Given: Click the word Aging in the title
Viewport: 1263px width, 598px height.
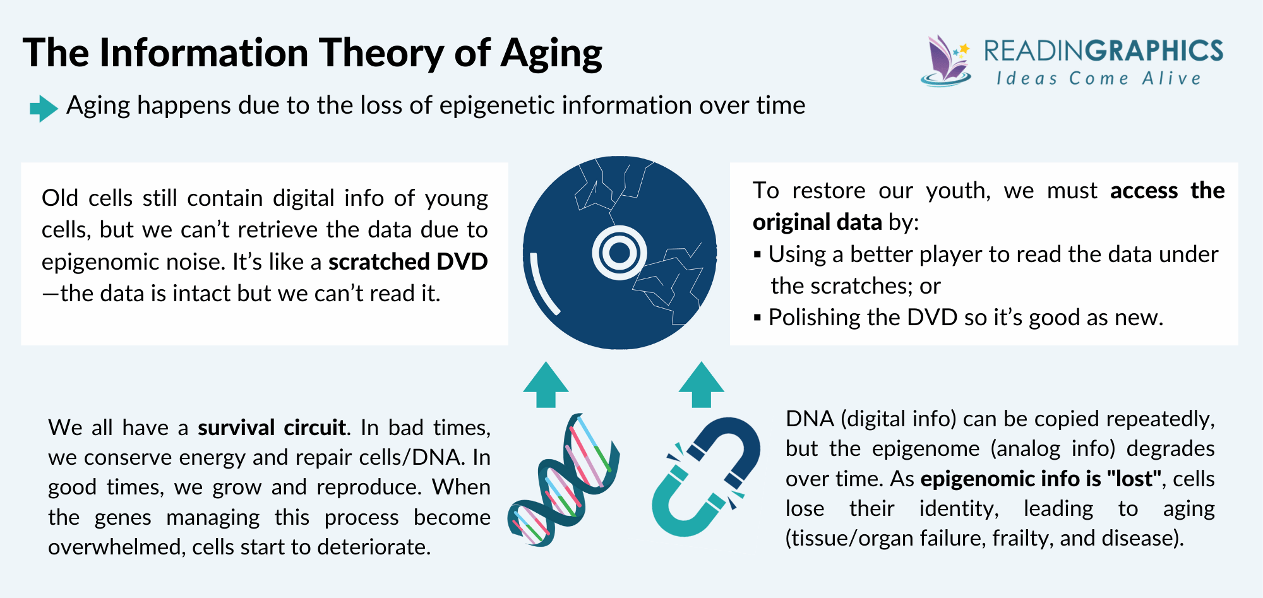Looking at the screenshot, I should (x=551, y=53).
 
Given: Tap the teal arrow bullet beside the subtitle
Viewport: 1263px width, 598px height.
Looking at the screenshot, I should (x=44, y=108).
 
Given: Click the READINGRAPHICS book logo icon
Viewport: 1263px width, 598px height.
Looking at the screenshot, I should (x=945, y=61).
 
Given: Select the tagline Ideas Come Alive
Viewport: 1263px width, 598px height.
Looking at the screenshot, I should (x=1098, y=79).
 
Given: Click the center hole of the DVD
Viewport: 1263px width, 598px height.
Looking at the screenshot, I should (x=620, y=253).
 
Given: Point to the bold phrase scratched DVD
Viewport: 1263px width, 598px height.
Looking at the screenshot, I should (x=408, y=261).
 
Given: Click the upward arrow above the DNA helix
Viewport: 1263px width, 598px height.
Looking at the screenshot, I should (x=546, y=385).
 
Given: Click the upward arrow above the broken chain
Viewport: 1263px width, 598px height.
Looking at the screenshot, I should (x=701, y=385).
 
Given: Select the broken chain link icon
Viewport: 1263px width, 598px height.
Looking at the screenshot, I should (x=706, y=477).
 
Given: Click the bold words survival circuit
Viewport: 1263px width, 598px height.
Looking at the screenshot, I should (x=272, y=428).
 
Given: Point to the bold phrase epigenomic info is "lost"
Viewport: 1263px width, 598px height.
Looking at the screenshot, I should (x=1041, y=479).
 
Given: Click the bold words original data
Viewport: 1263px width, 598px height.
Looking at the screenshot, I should (x=817, y=222).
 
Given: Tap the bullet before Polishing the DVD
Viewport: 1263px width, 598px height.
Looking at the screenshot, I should (x=757, y=318).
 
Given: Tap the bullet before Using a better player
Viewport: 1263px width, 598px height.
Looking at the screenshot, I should (x=757, y=254).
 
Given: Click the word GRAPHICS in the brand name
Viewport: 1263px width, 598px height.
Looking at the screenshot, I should (x=1155, y=51).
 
